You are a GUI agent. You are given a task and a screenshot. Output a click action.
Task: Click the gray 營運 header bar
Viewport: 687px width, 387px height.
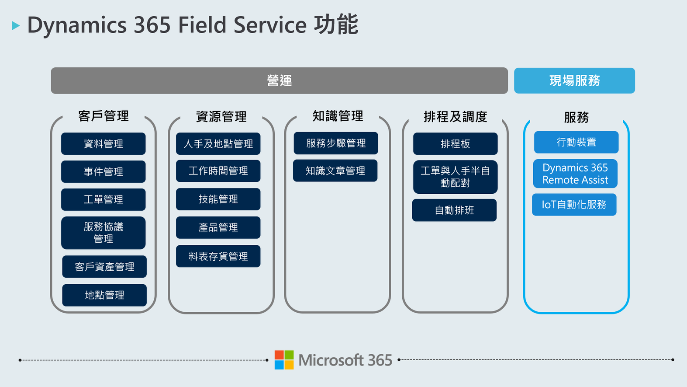click(x=279, y=80)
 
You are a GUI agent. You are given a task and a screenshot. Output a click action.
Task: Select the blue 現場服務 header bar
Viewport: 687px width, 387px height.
click(x=574, y=80)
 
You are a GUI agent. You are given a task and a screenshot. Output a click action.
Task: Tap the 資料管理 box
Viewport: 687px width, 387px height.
click(x=104, y=143)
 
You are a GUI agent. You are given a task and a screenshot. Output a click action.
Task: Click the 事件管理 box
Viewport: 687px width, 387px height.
click(x=104, y=171)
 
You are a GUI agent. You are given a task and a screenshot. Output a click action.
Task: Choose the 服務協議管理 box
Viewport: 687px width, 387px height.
click(x=104, y=233)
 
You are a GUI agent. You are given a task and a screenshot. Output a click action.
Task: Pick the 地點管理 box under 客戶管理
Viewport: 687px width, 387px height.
click(x=104, y=295)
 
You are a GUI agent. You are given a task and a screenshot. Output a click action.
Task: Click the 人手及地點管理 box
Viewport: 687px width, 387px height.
click(x=218, y=143)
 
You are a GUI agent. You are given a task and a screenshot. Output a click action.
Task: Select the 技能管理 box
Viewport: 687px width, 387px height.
click(x=218, y=199)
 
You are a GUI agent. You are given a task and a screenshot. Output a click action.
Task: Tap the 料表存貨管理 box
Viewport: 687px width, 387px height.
click(x=218, y=256)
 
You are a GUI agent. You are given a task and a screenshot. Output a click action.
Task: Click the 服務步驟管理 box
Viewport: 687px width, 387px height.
click(x=336, y=143)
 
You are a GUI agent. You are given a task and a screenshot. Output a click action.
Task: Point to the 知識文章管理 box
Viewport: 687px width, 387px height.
click(x=335, y=171)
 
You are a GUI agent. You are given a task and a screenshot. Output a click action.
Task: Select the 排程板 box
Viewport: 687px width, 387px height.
click(x=455, y=143)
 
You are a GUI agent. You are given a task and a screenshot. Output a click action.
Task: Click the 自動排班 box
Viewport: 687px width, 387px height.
click(x=454, y=210)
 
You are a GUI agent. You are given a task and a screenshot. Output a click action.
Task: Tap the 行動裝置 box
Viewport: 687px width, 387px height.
click(x=576, y=142)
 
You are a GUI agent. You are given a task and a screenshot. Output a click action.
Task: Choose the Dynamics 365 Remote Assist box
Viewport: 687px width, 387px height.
click(x=575, y=173)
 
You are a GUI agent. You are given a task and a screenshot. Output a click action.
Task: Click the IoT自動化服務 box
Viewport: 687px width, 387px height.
click(x=574, y=204)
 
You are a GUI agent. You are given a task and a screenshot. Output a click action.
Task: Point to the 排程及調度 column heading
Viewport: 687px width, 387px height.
click(x=455, y=117)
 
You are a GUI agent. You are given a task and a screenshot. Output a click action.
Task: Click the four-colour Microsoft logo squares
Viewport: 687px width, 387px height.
click(x=284, y=359)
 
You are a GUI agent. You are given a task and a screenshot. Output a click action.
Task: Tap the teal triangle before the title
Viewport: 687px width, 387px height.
click(x=16, y=25)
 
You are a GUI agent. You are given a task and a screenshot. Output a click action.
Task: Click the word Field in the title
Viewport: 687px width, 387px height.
click(x=202, y=24)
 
